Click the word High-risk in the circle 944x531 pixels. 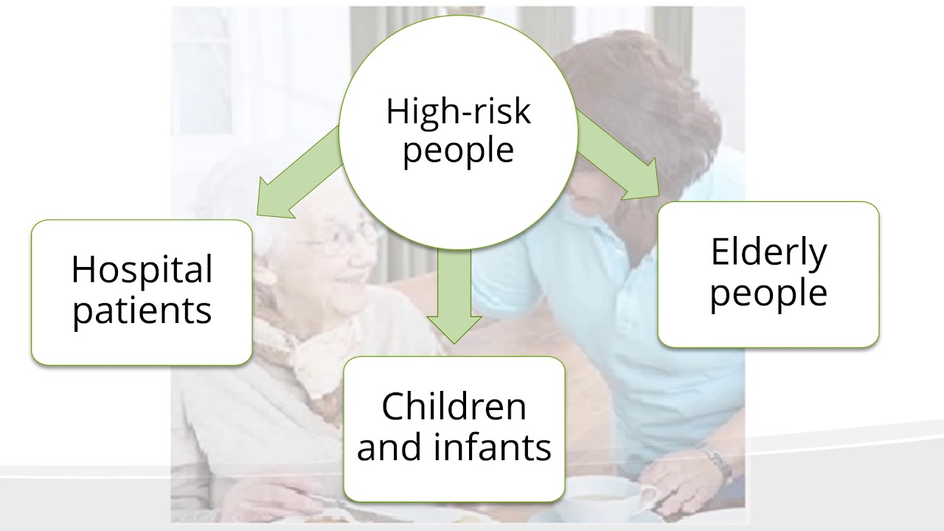coord(458,112)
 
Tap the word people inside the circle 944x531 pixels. coord(458,150)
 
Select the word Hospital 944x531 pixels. coord(142,270)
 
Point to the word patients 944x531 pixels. coord(142,310)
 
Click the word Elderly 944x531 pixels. coord(768,252)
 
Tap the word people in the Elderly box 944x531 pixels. coord(768,292)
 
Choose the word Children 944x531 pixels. coord(454,406)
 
